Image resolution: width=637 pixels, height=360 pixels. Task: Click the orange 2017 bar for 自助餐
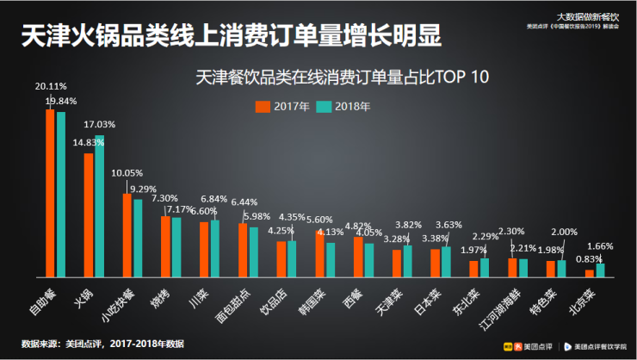click(50, 194)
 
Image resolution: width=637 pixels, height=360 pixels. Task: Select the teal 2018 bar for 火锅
click(100, 207)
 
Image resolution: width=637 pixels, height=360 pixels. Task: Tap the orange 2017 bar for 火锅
click(89, 215)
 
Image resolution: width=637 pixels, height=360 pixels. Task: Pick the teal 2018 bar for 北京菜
click(600, 270)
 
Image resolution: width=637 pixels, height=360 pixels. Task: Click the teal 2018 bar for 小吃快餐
click(138, 239)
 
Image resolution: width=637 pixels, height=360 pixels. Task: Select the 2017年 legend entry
click(275, 107)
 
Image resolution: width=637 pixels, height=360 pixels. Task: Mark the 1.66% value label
click(600, 246)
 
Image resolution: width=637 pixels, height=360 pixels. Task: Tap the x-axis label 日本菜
click(429, 298)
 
